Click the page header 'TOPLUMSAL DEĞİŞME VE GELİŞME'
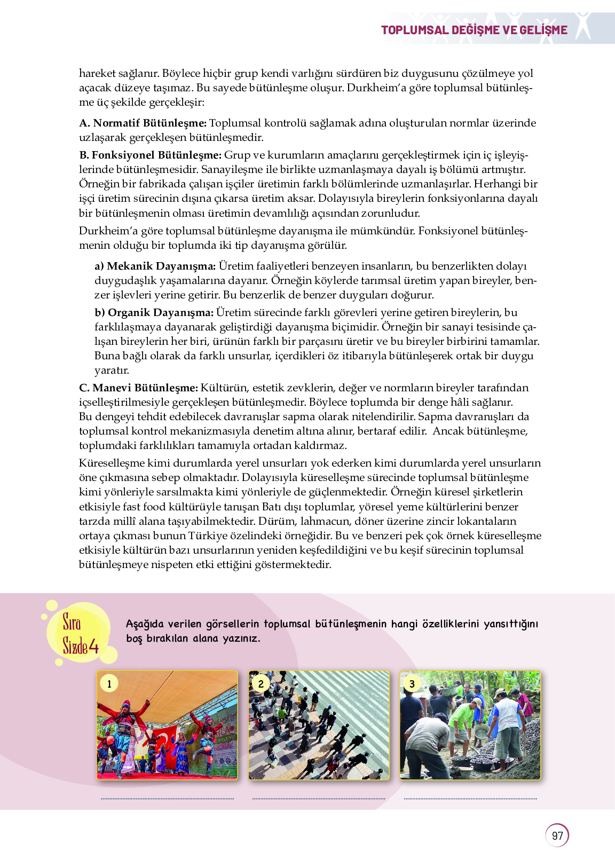(x=474, y=30)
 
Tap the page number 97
(x=557, y=836)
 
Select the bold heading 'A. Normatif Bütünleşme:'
(x=143, y=123)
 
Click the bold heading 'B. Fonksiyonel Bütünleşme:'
(x=150, y=155)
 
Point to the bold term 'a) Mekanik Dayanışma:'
(x=155, y=266)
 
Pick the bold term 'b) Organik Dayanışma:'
(x=154, y=313)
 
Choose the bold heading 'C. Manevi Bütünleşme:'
(x=138, y=388)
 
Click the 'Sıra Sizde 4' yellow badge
(x=80, y=634)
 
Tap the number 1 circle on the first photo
(x=109, y=683)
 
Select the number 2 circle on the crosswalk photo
(x=261, y=683)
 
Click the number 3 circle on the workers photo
(x=412, y=683)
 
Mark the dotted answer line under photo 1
(x=167, y=799)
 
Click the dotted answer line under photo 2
(x=319, y=799)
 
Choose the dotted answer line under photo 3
(x=470, y=799)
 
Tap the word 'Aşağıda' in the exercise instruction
(x=145, y=624)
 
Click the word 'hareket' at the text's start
(x=97, y=74)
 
